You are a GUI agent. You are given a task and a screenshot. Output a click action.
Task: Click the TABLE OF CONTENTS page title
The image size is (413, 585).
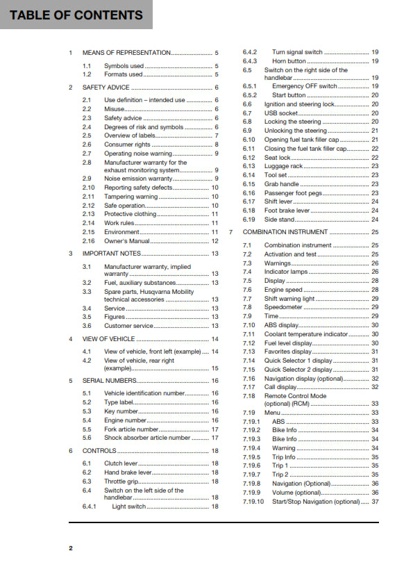pyautogui.click(x=76, y=15)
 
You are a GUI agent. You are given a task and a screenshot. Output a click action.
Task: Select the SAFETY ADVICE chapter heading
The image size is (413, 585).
pyautogui.click(x=106, y=88)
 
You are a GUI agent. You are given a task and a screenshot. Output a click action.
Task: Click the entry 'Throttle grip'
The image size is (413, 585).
pyautogui.click(x=122, y=481)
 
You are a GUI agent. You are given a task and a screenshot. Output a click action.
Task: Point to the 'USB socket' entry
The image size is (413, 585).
pyautogui.click(x=281, y=113)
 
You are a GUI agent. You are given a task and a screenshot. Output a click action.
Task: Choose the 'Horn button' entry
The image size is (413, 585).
pyautogui.click(x=289, y=61)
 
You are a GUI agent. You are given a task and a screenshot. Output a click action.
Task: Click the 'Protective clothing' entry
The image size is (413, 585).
pyautogui.click(x=130, y=214)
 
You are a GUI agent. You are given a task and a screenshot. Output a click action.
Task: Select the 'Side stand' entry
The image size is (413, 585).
pyautogui.click(x=279, y=219)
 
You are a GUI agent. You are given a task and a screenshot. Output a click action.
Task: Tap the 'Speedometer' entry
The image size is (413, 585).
pyautogui.click(x=283, y=307)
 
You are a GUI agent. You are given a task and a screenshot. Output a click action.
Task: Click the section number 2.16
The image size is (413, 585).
pyautogui.click(x=88, y=240)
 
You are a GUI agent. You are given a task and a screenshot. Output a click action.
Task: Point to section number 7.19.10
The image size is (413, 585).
pyautogui.click(x=254, y=502)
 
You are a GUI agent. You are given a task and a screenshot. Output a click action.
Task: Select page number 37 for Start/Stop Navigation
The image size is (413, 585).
pyautogui.click(x=375, y=502)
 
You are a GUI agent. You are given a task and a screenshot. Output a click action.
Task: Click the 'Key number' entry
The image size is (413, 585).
pyautogui.click(x=121, y=411)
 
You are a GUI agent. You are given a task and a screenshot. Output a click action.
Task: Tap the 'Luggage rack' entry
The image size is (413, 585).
pyautogui.click(x=283, y=166)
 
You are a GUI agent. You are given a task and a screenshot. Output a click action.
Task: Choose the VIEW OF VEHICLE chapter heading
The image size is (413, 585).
pyautogui.click(x=109, y=339)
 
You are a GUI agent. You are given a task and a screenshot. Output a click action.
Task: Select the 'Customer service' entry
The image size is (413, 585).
pyautogui.click(x=128, y=325)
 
